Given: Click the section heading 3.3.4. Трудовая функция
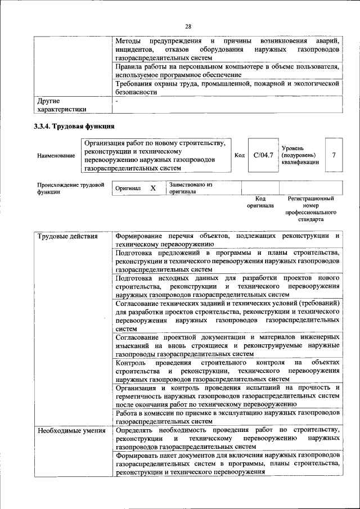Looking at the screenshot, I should tap(74, 126).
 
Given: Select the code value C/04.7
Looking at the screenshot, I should tap(263, 155).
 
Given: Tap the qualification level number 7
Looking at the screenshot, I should tap(334, 155).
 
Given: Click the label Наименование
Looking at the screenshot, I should tap(56, 155).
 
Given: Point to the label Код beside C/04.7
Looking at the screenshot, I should tap(239, 155).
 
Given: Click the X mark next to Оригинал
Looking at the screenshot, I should tap(153, 188).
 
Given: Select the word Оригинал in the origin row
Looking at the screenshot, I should tap(128, 189).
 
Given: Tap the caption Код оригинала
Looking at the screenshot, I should tap(260, 202).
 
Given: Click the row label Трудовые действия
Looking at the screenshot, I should tap(60, 236).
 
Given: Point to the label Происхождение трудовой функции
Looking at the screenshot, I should tap(70, 188).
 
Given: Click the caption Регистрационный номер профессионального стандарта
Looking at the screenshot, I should tap(310, 209).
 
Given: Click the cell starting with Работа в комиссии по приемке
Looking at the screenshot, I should tap(227, 417).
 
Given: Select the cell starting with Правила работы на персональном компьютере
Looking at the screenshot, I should tap(227, 70).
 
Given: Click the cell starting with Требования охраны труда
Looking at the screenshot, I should tap(227, 87).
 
